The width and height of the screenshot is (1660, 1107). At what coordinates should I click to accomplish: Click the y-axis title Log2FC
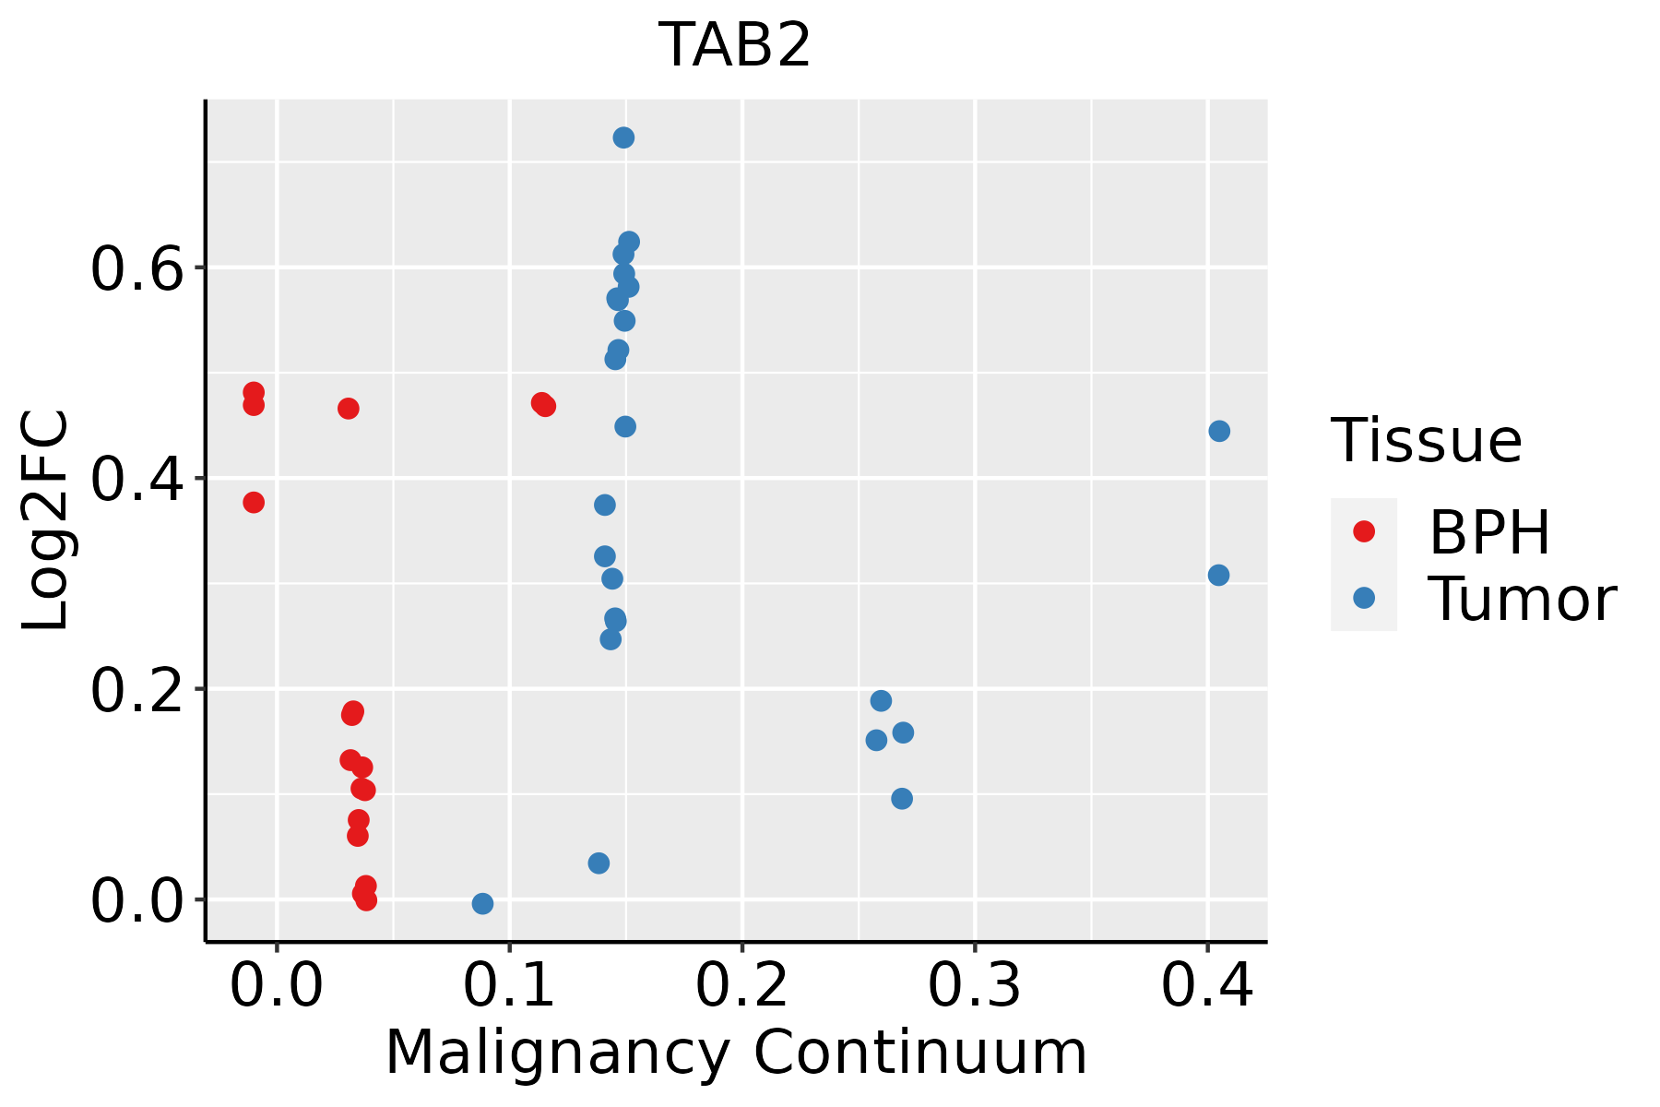(x=46, y=521)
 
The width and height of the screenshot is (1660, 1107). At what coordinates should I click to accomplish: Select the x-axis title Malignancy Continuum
(x=735, y=1053)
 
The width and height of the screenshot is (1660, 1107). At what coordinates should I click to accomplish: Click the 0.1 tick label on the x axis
(x=509, y=986)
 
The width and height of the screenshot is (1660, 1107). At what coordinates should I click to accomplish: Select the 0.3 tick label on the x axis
(x=974, y=986)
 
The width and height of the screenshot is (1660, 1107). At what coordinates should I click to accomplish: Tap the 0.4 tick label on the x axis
(x=1206, y=986)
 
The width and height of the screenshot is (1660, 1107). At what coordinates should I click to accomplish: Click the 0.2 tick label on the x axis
(x=741, y=986)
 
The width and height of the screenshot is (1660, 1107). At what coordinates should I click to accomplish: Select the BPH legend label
(x=1489, y=532)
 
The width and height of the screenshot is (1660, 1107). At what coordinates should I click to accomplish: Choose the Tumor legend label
(x=1522, y=600)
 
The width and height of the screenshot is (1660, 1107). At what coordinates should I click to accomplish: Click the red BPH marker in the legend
(x=1363, y=531)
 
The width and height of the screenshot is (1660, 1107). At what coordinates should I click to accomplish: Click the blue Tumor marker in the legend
(x=1363, y=598)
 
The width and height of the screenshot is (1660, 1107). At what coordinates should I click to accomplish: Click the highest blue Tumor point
(x=623, y=137)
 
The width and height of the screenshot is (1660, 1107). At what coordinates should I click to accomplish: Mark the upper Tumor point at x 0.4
(x=1219, y=431)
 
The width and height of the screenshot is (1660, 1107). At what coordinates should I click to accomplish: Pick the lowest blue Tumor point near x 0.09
(x=482, y=903)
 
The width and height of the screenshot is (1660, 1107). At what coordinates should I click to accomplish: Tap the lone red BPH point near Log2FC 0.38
(x=254, y=502)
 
